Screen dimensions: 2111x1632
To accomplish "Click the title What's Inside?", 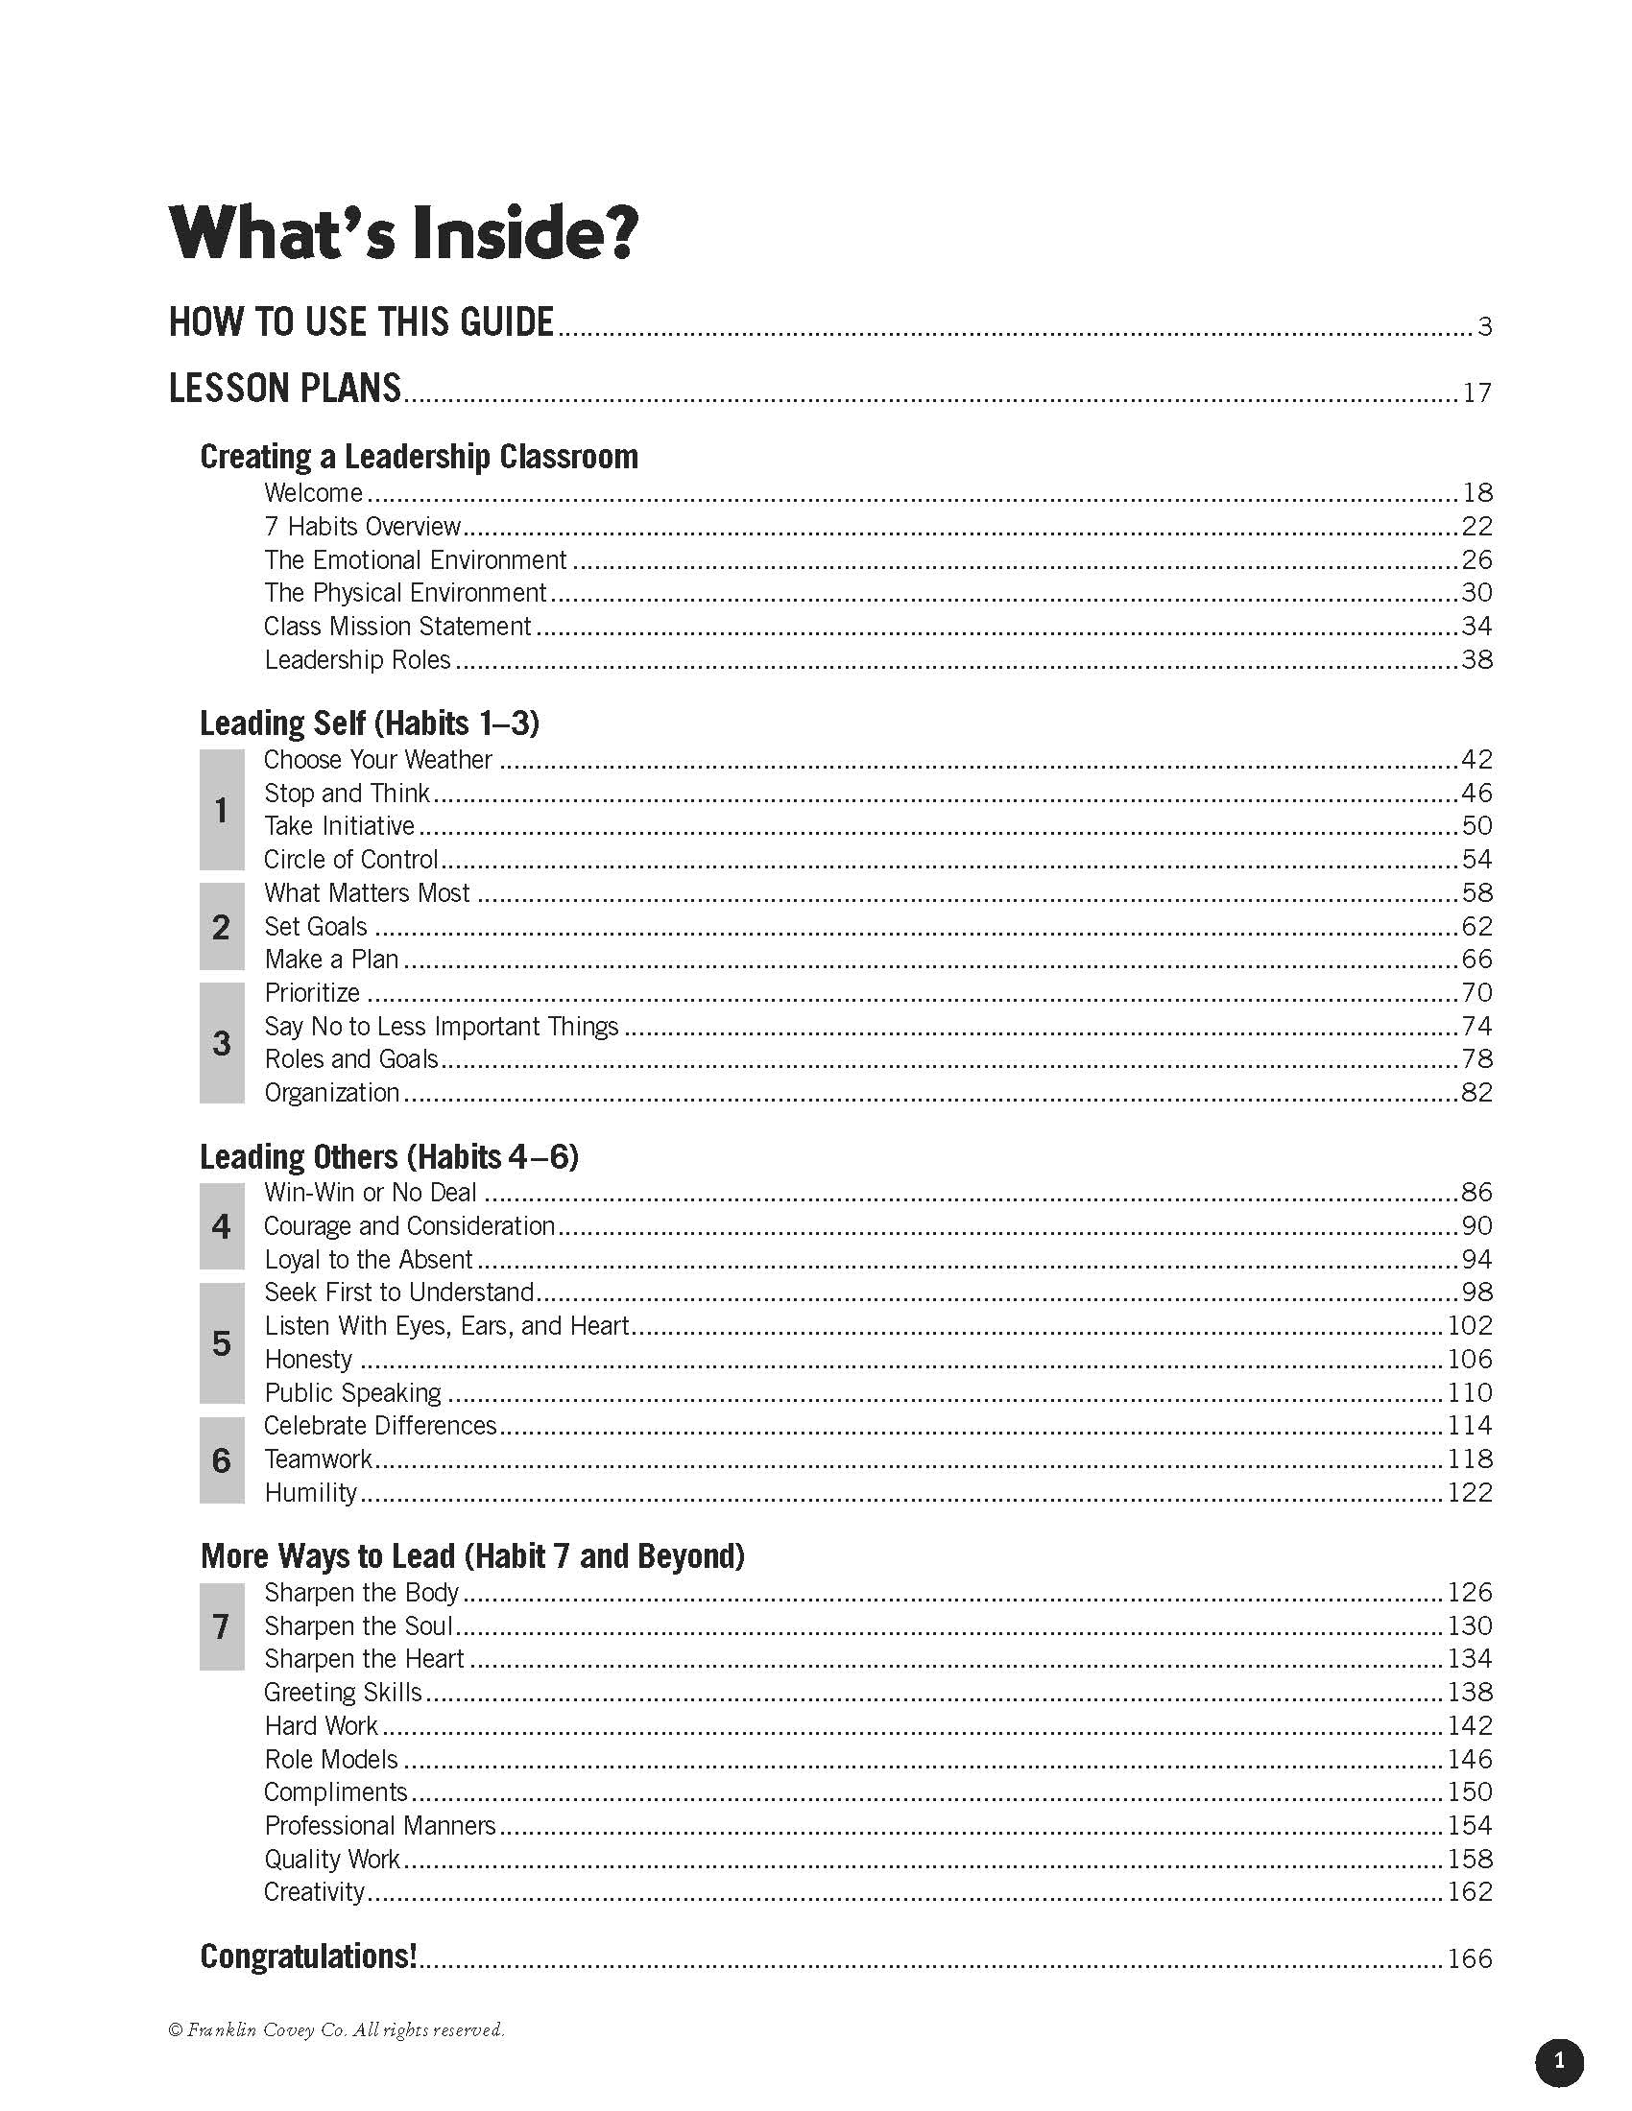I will pos(403,232).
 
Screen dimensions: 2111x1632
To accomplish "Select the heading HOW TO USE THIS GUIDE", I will pos(362,321).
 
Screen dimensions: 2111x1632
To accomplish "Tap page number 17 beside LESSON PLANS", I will pos(1476,392).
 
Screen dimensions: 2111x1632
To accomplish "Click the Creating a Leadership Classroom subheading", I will pos(419,456).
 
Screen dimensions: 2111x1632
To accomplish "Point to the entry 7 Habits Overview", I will pos(363,527).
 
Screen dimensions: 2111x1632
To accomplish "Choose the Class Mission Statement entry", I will pos(397,627).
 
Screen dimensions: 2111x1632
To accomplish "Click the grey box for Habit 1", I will pos(222,810).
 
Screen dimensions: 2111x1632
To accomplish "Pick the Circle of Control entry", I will pos(351,860).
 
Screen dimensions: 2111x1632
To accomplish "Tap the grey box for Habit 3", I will pos(222,1043).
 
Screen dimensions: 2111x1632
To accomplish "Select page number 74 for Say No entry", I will pos(1476,1026).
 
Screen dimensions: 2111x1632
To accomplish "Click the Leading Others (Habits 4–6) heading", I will pos(389,1156).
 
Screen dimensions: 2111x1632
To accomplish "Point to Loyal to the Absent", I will pos(369,1260).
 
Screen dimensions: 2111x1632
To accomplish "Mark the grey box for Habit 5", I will pos(222,1342).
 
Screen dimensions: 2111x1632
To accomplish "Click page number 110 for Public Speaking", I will pos(1470,1393).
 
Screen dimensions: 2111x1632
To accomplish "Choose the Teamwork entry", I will pos(318,1459).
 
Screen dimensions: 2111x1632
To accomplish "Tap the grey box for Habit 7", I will pos(222,1625).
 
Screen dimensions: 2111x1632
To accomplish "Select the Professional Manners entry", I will pos(380,1825).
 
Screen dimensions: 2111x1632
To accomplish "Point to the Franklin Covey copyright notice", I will pos(336,2029).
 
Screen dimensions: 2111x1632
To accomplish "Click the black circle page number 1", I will pos(1558,2062).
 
